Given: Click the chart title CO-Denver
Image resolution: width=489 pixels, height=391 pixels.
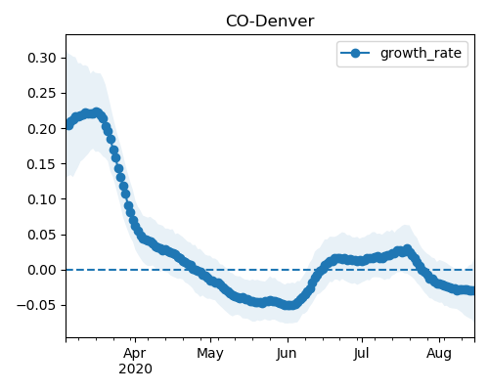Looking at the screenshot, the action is click(x=270, y=22).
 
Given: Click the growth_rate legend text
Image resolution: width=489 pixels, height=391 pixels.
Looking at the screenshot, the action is click(x=421, y=54).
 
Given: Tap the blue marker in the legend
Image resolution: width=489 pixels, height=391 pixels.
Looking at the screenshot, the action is click(x=355, y=53).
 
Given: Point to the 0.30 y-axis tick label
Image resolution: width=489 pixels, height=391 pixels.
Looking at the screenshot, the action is click(x=42, y=58).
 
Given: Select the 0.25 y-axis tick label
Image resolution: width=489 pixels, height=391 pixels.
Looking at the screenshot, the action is click(x=42, y=93).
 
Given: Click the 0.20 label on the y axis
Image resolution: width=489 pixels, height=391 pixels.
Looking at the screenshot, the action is click(x=42, y=129).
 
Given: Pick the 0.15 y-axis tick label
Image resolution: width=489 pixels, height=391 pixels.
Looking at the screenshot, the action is click(x=42, y=164).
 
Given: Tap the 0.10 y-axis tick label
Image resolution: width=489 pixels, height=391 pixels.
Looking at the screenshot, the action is click(x=42, y=199).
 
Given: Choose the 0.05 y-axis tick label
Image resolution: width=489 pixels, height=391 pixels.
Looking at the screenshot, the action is click(x=42, y=235).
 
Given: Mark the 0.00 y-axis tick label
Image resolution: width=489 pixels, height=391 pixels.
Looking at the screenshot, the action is click(x=42, y=270).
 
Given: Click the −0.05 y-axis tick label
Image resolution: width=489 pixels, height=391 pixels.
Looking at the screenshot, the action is click(x=37, y=305).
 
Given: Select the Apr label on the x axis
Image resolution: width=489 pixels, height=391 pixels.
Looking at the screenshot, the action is click(x=135, y=354).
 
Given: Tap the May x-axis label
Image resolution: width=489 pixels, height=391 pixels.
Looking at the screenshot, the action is click(x=210, y=354).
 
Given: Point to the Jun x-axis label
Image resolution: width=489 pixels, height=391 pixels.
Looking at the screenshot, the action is click(x=287, y=354).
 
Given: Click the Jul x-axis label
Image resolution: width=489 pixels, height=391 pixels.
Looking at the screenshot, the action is click(x=362, y=353).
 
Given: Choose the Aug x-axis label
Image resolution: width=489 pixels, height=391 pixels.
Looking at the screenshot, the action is click(x=439, y=354).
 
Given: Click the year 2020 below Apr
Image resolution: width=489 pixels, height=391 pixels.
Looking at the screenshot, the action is click(x=135, y=369).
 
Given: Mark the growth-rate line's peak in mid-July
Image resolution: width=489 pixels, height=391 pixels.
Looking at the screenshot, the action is click(x=407, y=249).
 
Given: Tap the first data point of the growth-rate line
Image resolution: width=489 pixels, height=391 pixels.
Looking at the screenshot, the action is click(x=68, y=125).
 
